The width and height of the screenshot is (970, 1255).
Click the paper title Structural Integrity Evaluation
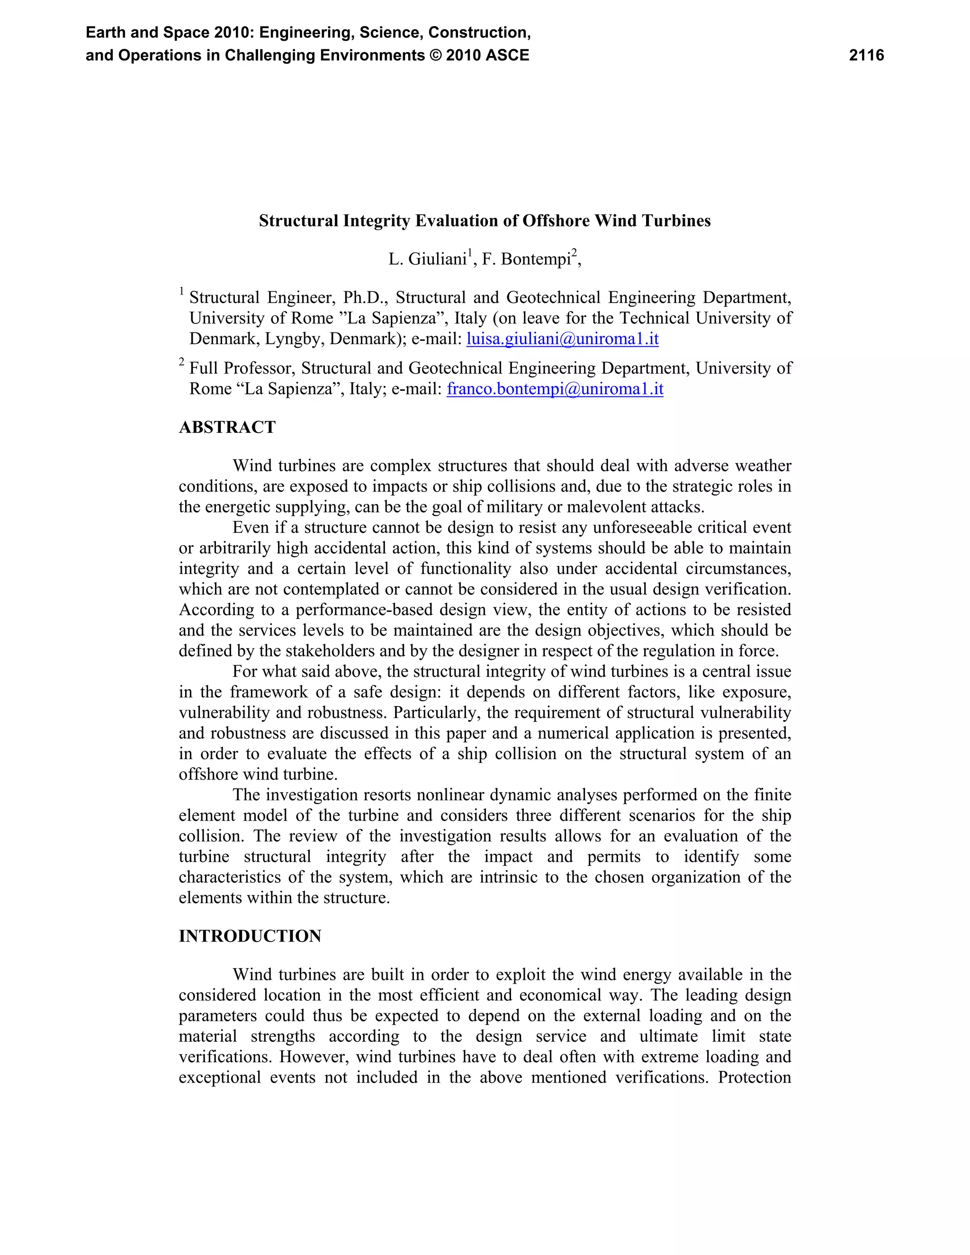[x=485, y=221]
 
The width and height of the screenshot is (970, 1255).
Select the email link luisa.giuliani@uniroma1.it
[x=562, y=339]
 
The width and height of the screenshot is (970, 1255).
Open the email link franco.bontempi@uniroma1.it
[x=555, y=389]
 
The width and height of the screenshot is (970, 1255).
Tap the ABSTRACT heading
[x=227, y=428]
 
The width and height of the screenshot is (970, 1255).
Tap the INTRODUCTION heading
[x=250, y=936]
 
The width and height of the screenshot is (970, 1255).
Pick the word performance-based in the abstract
[x=369, y=610]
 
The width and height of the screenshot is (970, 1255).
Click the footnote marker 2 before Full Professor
[x=181, y=362]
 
